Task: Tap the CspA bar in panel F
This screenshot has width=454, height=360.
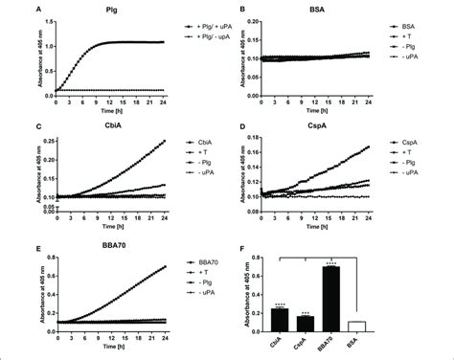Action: [x=305, y=324]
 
